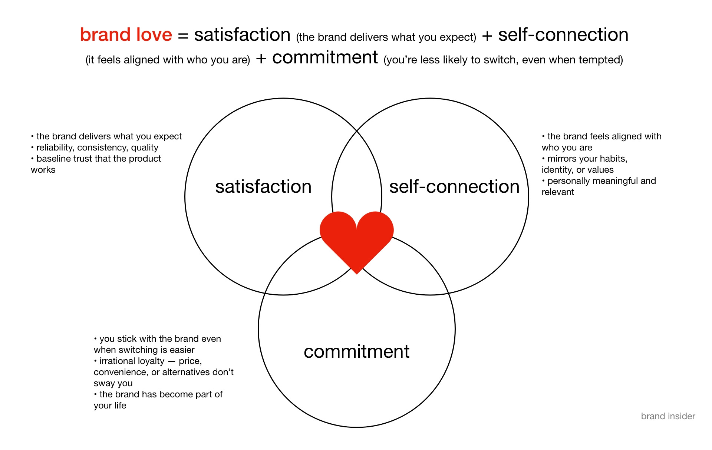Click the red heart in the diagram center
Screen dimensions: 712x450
[x=356, y=239]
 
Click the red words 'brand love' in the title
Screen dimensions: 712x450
[x=126, y=35]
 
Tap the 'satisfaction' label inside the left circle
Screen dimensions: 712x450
[x=263, y=186]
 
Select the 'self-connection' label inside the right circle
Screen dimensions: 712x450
[x=454, y=186]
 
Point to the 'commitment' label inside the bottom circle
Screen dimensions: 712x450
[x=356, y=351]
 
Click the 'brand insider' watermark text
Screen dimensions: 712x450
[x=668, y=416]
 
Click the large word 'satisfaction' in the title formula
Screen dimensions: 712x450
[x=242, y=35]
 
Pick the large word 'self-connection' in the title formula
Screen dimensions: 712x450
[x=563, y=35]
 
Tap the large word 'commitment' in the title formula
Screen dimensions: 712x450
[x=325, y=58]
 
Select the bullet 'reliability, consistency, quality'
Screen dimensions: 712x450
[x=97, y=148]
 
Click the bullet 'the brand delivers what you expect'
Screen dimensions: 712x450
[x=109, y=136]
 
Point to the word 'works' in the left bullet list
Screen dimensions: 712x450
[x=43, y=170]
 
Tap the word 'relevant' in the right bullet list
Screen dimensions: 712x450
[x=558, y=192]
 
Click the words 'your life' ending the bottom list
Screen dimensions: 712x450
[x=110, y=406]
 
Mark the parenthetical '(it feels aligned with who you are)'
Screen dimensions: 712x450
[x=168, y=60]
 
